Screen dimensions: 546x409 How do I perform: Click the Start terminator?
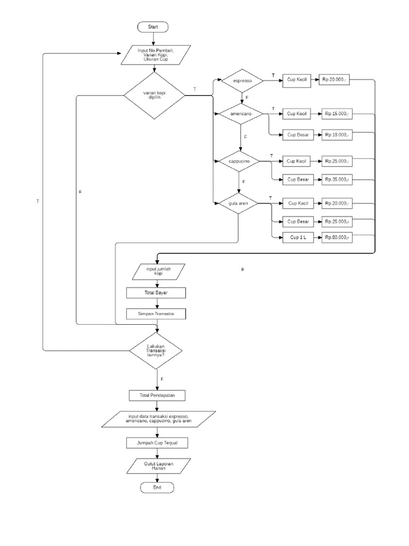tap(153, 26)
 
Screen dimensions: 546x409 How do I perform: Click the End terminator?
tap(157, 487)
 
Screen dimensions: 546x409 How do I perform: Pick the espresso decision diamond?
tap(241, 81)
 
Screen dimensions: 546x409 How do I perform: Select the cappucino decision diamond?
tap(239, 160)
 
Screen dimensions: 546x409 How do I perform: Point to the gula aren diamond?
tap(239, 204)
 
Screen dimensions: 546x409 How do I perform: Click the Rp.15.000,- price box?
tap(337, 114)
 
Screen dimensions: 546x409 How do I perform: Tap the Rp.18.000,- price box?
tap(337, 134)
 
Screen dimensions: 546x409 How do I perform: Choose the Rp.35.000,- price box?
tap(337, 179)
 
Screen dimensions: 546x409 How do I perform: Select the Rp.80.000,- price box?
tap(337, 237)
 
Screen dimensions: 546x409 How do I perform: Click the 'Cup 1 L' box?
tap(298, 237)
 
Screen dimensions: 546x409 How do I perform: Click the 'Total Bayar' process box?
tap(156, 293)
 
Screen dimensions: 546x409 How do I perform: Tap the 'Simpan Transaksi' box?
tap(157, 314)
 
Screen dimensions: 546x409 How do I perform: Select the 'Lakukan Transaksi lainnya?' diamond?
tap(157, 351)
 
